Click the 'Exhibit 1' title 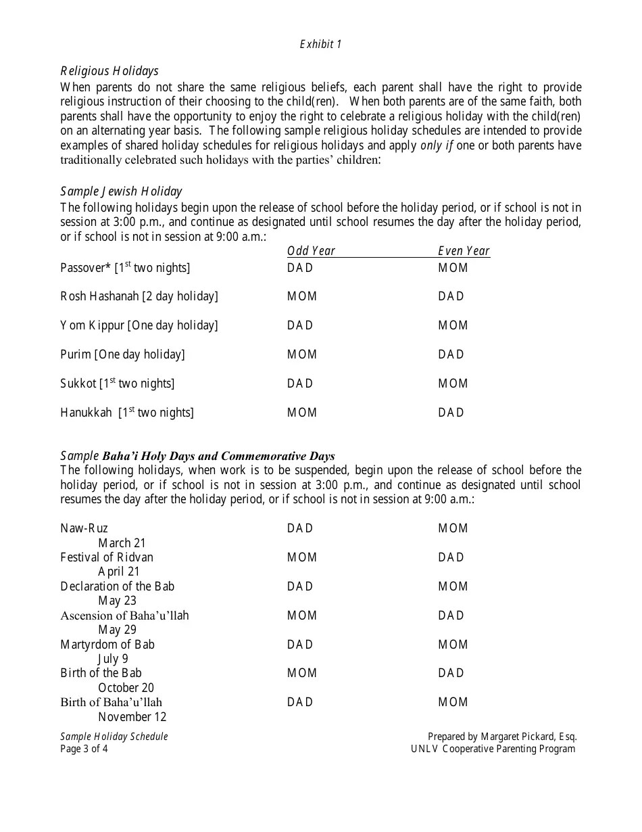[321, 44]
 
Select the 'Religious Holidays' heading [109, 71]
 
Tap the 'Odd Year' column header [311, 251]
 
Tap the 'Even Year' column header [464, 251]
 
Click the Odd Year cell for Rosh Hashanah [302, 296]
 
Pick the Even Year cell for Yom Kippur [453, 325]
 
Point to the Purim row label [122, 354]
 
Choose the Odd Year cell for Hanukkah [302, 413]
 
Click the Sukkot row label [118, 384]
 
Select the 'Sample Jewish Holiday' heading [121, 191]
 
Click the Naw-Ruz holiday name [84, 528]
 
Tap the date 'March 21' [122, 543]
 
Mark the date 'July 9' [113, 659]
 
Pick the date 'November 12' [132, 717]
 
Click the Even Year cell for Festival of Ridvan [451, 557]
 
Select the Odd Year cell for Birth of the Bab [302, 673]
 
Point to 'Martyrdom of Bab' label [107, 645]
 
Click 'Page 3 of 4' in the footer [84, 749]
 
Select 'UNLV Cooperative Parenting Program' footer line [493, 749]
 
